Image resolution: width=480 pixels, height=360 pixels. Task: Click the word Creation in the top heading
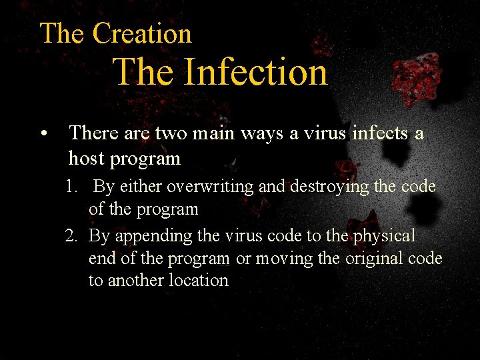point(142,33)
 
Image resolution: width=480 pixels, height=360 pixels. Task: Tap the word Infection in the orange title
point(255,72)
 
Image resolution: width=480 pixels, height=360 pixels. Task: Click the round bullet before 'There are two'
point(44,134)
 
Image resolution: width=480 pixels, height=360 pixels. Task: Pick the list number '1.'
point(73,187)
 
